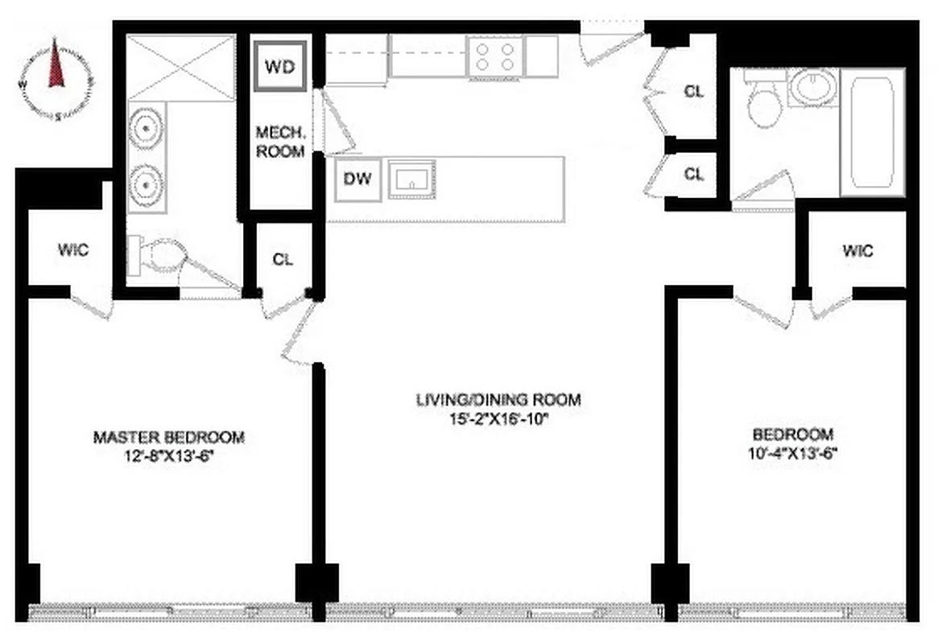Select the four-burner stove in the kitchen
pyautogui.click(x=495, y=56)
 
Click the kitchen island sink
pyautogui.click(x=411, y=179)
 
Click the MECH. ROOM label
pyautogui.click(x=280, y=141)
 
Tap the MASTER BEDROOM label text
pyautogui.click(x=169, y=438)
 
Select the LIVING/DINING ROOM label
pyautogui.click(x=498, y=399)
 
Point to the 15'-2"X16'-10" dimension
pyautogui.click(x=498, y=419)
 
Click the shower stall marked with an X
pyautogui.click(x=182, y=66)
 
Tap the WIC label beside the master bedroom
pyautogui.click(x=72, y=250)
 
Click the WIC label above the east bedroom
pyautogui.click(x=857, y=250)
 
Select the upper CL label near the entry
pyautogui.click(x=693, y=91)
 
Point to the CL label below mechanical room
pyautogui.click(x=283, y=259)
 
